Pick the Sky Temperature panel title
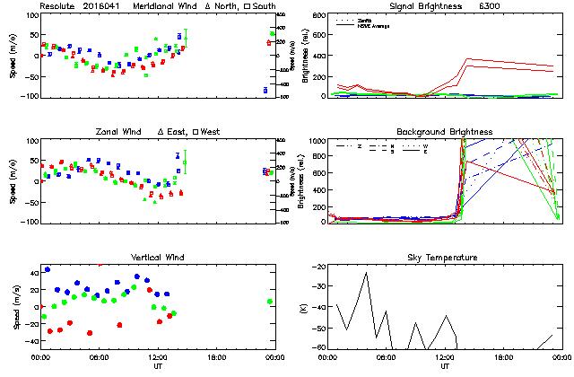click(444, 258)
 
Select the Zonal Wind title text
click(119, 132)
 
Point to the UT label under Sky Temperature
click(444, 366)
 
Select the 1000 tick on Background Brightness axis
click(319, 141)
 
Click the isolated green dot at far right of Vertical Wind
click(269, 302)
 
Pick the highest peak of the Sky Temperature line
click(366, 273)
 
